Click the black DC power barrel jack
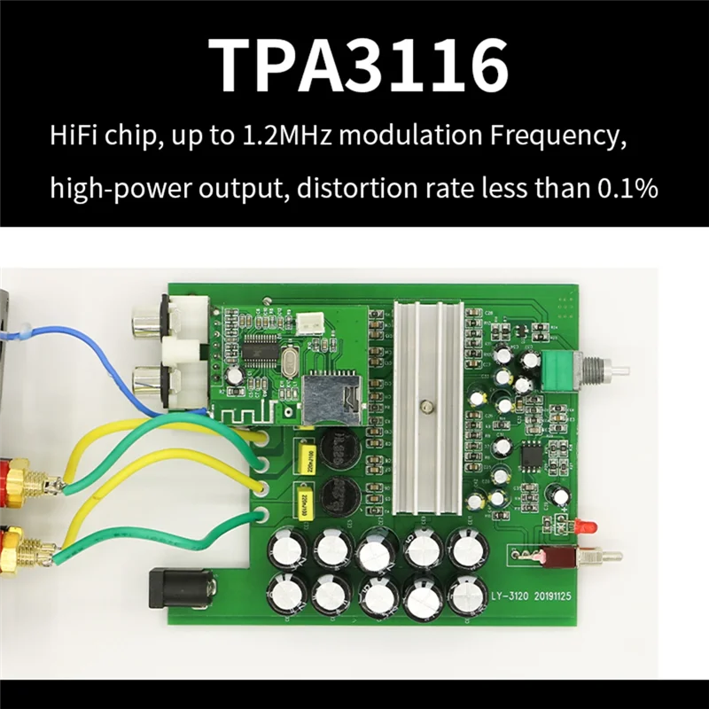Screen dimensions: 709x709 tap(182, 588)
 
